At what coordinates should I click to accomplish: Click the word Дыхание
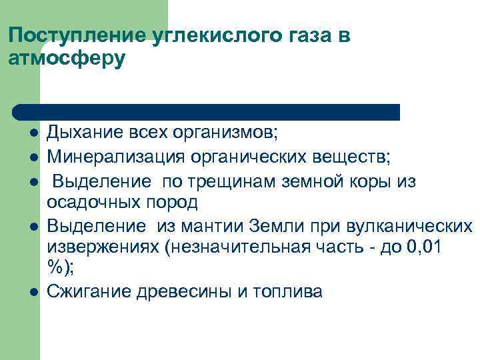(x=85, y=133)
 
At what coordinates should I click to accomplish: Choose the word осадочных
(x=91, y=201)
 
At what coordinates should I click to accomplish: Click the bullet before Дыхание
(x=31, y=133)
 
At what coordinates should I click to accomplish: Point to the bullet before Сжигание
(x=31, y=292)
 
